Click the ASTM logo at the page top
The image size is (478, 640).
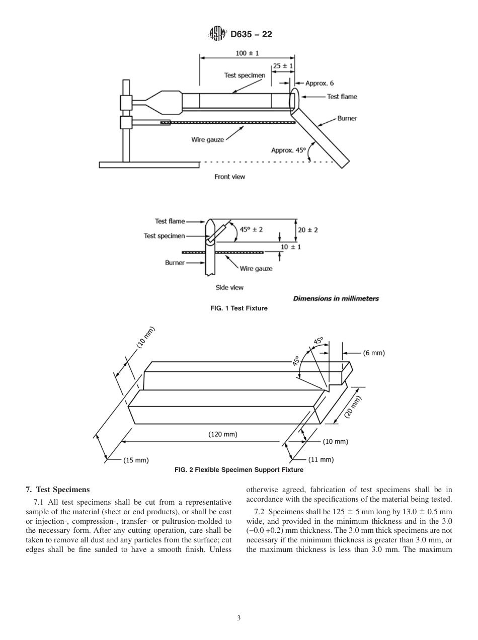click(x=217, y=34)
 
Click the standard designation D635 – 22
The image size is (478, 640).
click(x=251, y=35)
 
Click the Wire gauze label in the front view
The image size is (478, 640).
click(x=207, y=140)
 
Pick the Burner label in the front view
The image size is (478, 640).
click(x=347, y=119)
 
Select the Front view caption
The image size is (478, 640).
click(x=229, y=177)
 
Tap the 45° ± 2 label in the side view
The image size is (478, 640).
click(x=251, y=229)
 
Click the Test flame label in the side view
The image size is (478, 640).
click(x=170, y=221)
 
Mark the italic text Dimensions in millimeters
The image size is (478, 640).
click(x=336, y=298)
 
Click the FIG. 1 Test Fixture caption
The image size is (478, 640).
click(x=238, y=308)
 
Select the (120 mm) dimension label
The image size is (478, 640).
click(x=223, y=434)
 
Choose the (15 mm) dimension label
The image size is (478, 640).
click(x=136, y=460)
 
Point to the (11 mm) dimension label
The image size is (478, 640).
click(x=321, y=459)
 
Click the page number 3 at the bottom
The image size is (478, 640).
click(x=239, y=618)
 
